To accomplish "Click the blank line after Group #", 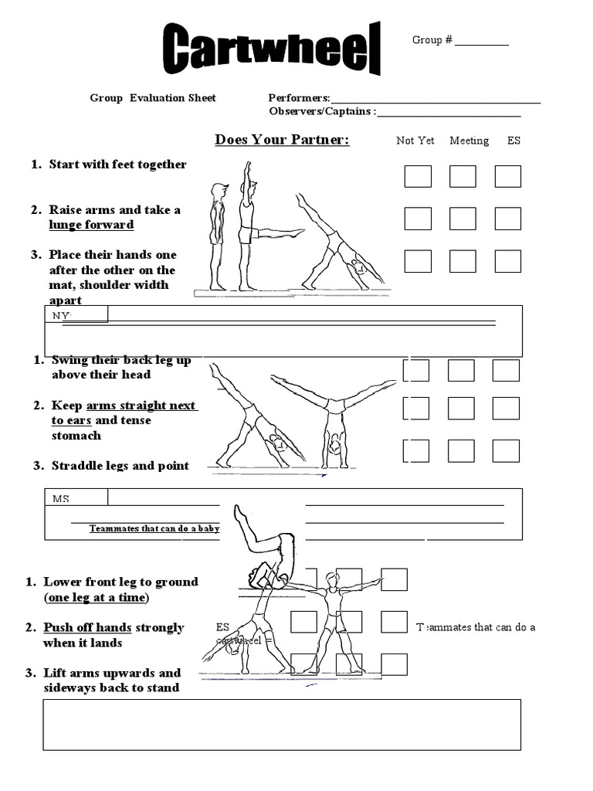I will pos(481,43).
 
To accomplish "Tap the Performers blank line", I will pos(435,100).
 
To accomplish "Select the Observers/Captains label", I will pos(322,112).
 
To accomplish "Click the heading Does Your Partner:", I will pos(282,140).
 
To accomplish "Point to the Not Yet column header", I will pos(415,141).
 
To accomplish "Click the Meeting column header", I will pos(469,141).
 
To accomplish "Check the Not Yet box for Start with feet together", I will pos(418,176).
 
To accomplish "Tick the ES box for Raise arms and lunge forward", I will pos(508,219).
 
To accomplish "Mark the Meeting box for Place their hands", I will pos(463,261).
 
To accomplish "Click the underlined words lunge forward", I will pos(91,225).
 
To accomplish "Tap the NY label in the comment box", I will pos(61,316).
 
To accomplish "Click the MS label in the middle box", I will pos(61,499).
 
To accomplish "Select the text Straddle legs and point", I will pos(120,466).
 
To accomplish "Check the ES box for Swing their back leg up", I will pos(506,370).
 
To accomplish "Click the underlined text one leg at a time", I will pos(97,598).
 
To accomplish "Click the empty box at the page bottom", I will pos(281,725).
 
